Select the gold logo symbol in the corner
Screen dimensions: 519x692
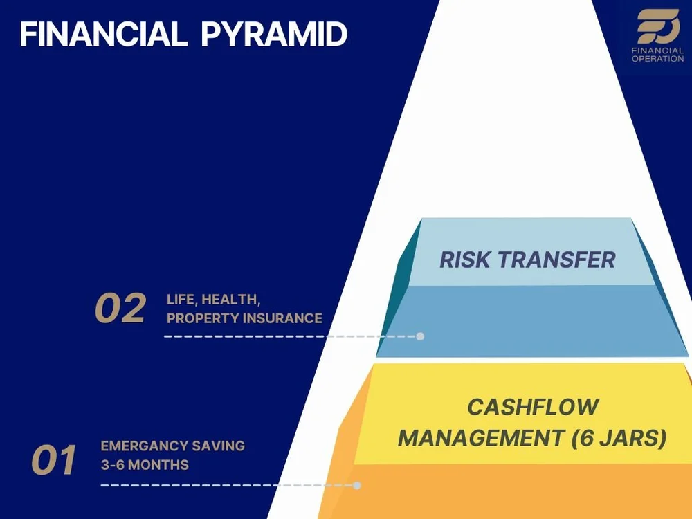pyautogui.click(x=657, y=27)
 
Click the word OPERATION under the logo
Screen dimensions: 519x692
pyautogui.click(x=657, y=59)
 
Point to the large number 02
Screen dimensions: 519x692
pyautogui.click(x=120, y=309)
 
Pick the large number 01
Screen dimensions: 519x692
pyautogui.click(x=54, y=461)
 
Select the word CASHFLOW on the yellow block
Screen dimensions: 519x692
pyautogui.click(x=532, y=406)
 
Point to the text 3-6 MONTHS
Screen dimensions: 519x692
pyautogui.click(x=145, y=464)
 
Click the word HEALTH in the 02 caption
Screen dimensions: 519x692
pyautogui.click(x=230, y=300)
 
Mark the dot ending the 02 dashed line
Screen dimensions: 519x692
pyautogui.click(x=420, y=336)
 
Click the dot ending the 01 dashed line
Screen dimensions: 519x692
pyautogui.click(x=357, y=485)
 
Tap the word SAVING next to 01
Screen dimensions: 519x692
pyautogui.click(x=219, y=446)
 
